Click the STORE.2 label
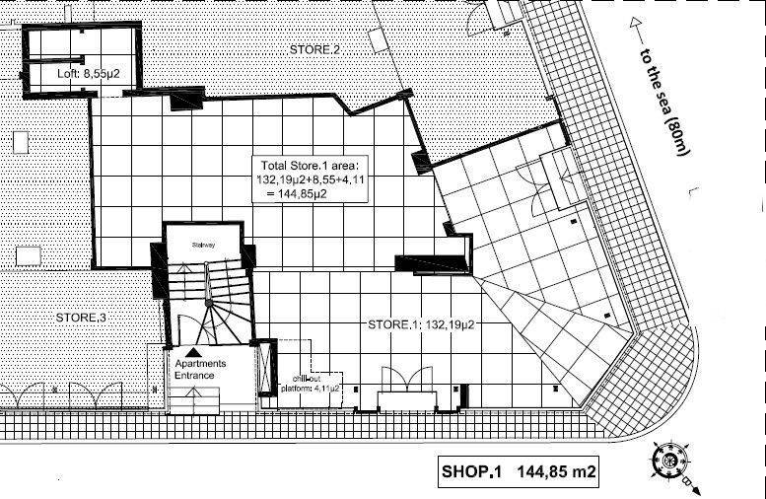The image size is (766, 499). [x=314, y=49]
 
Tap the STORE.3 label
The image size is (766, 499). [x=80, y=318]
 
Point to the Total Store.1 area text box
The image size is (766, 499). [x=313, y=178]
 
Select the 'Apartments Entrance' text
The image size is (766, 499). [x=200, y=369]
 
